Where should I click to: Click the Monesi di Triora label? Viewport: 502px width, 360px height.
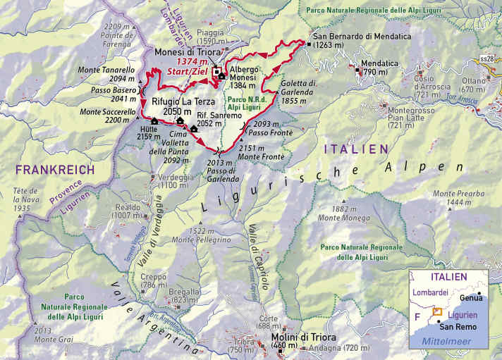pos(184,52)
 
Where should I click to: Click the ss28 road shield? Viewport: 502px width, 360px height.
pos(486,58)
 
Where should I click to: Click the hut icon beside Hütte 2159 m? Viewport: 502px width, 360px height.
pos(154,121)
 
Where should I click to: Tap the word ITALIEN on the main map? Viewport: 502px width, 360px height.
pos(355,149)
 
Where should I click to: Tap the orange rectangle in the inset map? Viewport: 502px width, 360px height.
pos(437,311)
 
